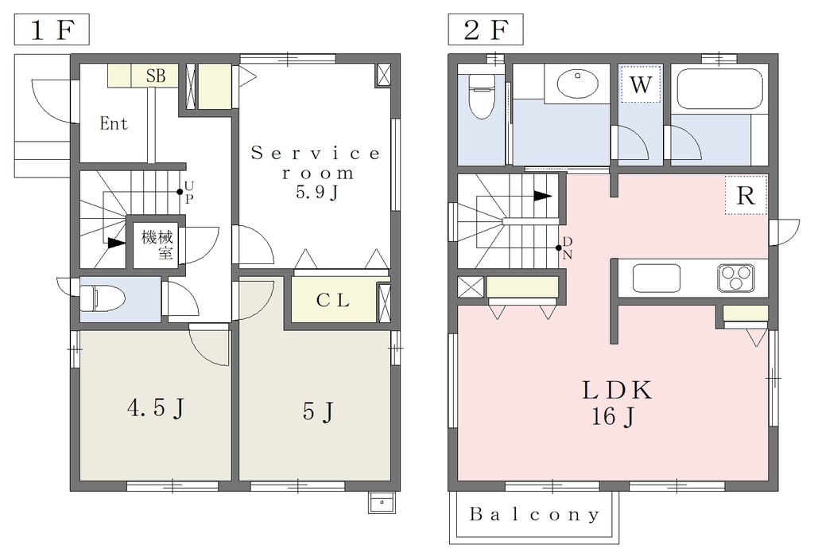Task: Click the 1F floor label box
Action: coord(52,29)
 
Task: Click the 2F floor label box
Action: coord(486,29)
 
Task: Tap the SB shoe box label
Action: coord(156,76)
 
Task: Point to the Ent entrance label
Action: coord(114,123)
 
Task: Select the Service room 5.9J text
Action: coord(316,173)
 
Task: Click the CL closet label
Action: coord(333,300)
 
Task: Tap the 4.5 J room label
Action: coord(156,408)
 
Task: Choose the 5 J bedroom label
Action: coord(318,412)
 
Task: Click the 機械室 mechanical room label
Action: coord(157,245)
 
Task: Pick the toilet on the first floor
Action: coord(103,299)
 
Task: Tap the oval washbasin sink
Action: coord(577,83)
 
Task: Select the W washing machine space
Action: coord(641,84)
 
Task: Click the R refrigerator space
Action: coord(746,196)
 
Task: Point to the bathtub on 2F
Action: coord(719,89)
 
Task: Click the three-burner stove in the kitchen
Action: coord(735,278)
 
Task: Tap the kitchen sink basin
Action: coord(656,278)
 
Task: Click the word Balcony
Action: coord(535,514)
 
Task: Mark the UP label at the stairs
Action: coord(188,193)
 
